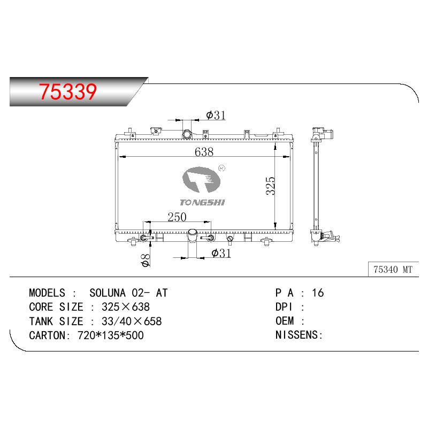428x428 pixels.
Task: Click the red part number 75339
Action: (68, 91)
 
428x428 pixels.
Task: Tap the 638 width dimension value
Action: (204, 152)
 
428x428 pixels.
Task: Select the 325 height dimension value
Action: (271, 186)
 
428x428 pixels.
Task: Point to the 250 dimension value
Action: (177, 217)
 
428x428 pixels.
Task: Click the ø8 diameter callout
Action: (145, 260)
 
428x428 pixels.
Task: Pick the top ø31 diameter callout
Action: (216, 115)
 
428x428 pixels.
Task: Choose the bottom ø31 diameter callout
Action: (221, 253)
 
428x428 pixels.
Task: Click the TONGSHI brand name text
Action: (202, 202)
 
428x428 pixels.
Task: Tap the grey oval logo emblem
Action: (202, 179)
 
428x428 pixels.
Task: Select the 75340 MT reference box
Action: (393, 270)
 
